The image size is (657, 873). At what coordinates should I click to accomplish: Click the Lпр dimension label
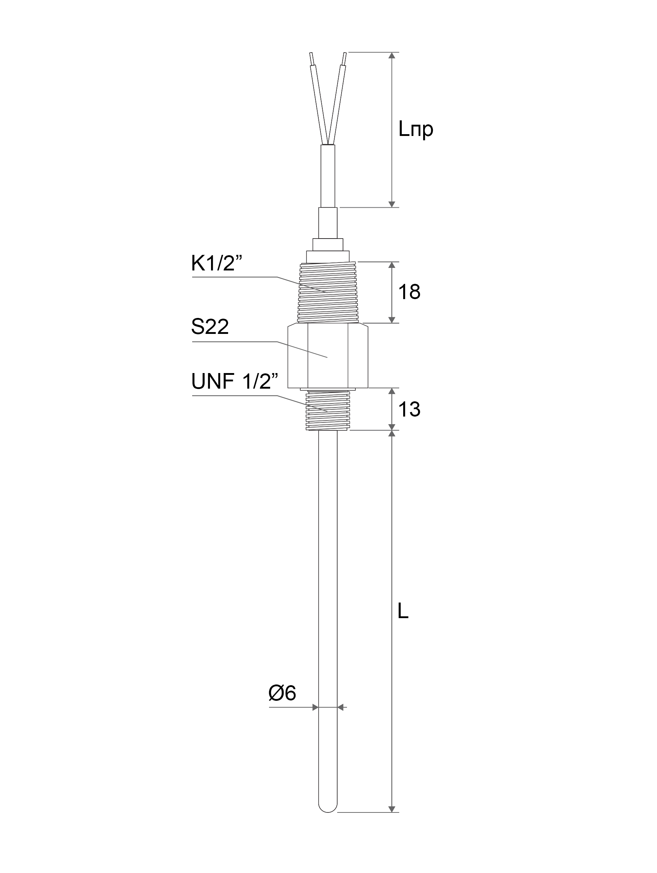(x=416, y=129)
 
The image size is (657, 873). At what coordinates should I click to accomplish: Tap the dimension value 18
(x=409, y=292)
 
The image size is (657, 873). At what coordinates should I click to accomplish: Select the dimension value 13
(x=409, y=409)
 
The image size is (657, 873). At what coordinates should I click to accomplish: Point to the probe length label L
(x=403, y=611)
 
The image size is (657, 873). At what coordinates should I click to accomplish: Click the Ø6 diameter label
(x=282, y=693)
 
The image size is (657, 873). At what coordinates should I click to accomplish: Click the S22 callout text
(x=210, y=327)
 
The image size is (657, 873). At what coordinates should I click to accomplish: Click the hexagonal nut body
(x=327, y=356)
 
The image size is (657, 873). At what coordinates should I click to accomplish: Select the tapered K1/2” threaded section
(x=327, y=293)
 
